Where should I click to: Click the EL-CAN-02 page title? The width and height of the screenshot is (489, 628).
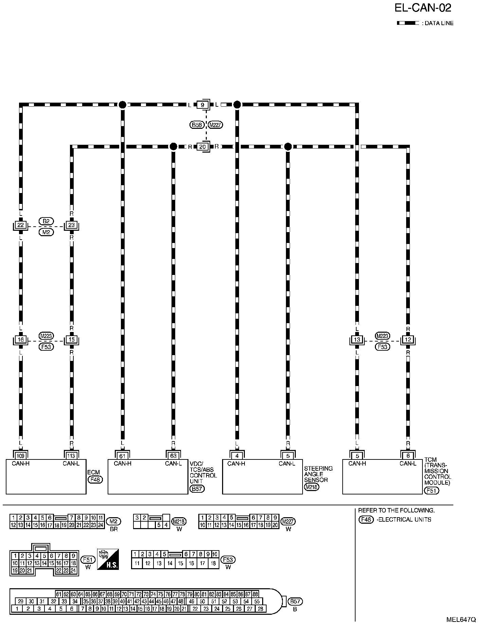[x=423, y=8]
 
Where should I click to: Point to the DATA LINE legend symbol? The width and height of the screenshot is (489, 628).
[x=408, y=23]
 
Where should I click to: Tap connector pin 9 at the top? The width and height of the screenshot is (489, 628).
[x=202, y=105]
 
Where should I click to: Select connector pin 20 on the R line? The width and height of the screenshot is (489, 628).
[x=202, y=147]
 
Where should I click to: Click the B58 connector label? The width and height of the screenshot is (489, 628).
[x=197, y=125]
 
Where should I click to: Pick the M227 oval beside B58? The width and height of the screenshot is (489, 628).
[x=215, y=125]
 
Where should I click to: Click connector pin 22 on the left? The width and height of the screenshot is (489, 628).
[x=21, y=225]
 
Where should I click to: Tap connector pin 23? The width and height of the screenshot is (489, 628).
[x=71, y=225]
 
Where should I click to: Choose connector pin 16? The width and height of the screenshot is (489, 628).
[x=21, y=339]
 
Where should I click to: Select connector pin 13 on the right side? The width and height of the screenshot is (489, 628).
[x=357, y=339]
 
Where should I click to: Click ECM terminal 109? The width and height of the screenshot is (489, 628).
[x=21, y=456]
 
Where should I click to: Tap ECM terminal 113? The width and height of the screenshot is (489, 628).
[x=71, y=456]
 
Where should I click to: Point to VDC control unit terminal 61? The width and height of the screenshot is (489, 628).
[x=122, y=456]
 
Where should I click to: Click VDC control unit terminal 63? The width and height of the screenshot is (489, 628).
[x=173, y=456]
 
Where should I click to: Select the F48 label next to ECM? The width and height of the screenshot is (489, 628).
[x=95, y=479]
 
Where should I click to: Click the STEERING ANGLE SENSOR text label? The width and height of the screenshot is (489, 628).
[x=318, y=474]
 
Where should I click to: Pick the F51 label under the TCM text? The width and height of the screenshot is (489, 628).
[x=432, y=490]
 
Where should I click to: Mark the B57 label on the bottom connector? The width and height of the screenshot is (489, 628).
[x=295, y=601]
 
